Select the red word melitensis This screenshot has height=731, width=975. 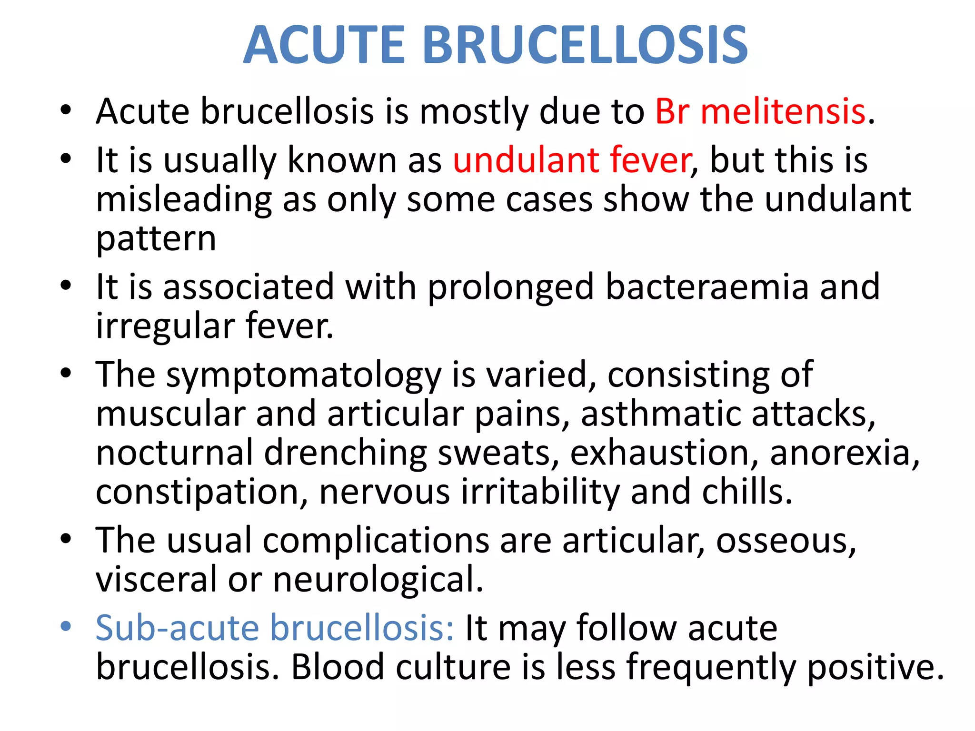pyautogui.click(x=783, y=112)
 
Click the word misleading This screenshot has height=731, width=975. pyautogui.click(x=184, y=200)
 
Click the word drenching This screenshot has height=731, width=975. pyautogui.click(x=345, y=453)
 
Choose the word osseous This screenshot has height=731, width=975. pyautogui.click(x=786, y=541)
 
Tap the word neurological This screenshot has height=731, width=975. pyautogui.click(x=378, y=580)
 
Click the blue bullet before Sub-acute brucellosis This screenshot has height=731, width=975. pyautogui.click(x=66, y=626)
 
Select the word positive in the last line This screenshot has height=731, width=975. pyautogui.click(x=876, y=668)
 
